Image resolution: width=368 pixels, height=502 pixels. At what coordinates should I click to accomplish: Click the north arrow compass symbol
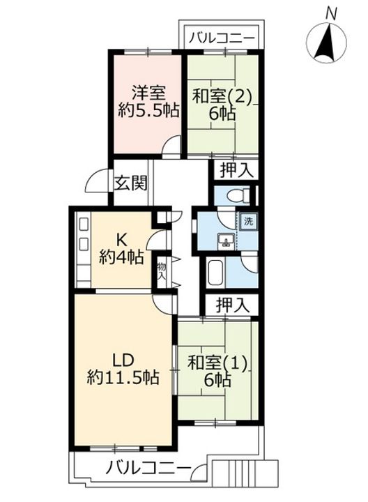point(326,43)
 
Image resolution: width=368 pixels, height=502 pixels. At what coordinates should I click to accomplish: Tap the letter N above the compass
point(331,14)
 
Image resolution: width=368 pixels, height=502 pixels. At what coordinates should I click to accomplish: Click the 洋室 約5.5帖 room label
point(148,102)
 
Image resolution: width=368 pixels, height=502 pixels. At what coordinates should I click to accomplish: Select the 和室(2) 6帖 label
point(222,105)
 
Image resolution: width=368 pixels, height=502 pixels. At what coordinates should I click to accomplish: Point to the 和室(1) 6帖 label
point(217,372)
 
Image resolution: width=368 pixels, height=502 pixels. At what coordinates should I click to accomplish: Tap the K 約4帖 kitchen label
point(121,248)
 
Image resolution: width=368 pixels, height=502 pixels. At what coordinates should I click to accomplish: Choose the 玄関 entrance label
point(131,183)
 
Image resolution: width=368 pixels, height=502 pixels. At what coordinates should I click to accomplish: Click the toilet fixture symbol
point(238,195)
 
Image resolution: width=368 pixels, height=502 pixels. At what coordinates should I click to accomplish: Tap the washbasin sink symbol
point(227,241)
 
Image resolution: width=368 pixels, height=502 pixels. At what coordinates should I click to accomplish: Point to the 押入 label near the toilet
point(237,170)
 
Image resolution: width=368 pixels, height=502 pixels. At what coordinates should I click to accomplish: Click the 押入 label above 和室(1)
point(233,305)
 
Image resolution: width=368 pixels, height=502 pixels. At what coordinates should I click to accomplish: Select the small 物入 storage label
point(161,271)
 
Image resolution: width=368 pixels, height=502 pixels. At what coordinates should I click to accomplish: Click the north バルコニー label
point(222,39)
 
